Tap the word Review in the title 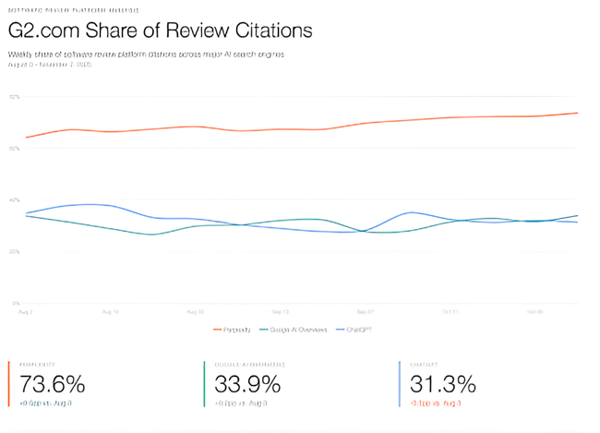198,30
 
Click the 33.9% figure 247,383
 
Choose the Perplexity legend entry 234,329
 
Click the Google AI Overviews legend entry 294,329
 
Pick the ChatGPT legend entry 361,329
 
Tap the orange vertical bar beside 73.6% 9,383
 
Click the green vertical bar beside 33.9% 204,383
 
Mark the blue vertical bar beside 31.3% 399,383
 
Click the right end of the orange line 577,113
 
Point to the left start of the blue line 26,213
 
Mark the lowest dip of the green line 152,235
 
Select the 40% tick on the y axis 14,199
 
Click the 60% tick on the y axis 14,148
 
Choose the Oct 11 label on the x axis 450,312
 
